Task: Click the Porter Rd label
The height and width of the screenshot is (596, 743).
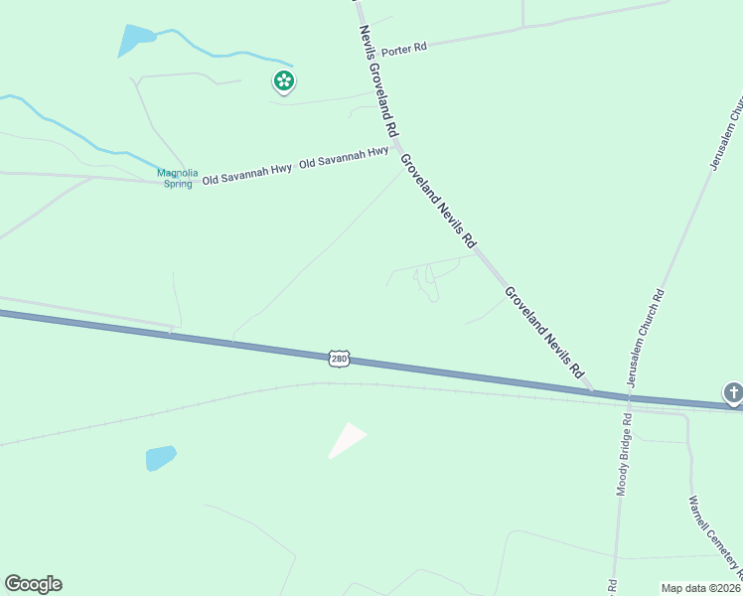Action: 404,49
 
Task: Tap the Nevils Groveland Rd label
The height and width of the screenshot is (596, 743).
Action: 378,80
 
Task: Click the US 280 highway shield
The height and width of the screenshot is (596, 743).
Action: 338,358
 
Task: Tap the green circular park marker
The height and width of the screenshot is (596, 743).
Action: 284,81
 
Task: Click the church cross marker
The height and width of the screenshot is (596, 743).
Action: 734,393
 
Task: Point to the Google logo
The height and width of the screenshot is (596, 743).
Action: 33,584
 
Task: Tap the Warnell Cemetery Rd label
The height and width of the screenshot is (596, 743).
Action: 714,537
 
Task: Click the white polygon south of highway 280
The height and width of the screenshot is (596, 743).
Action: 347,440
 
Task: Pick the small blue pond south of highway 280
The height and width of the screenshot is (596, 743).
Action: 161,458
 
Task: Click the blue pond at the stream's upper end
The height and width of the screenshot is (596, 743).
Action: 135,40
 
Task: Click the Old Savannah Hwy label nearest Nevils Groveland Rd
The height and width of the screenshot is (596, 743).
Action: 344,156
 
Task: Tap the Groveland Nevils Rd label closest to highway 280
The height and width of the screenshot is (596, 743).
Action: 543,332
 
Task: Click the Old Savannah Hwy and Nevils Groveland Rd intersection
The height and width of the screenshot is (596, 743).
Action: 393,149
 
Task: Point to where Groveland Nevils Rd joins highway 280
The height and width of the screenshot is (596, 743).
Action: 593,390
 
